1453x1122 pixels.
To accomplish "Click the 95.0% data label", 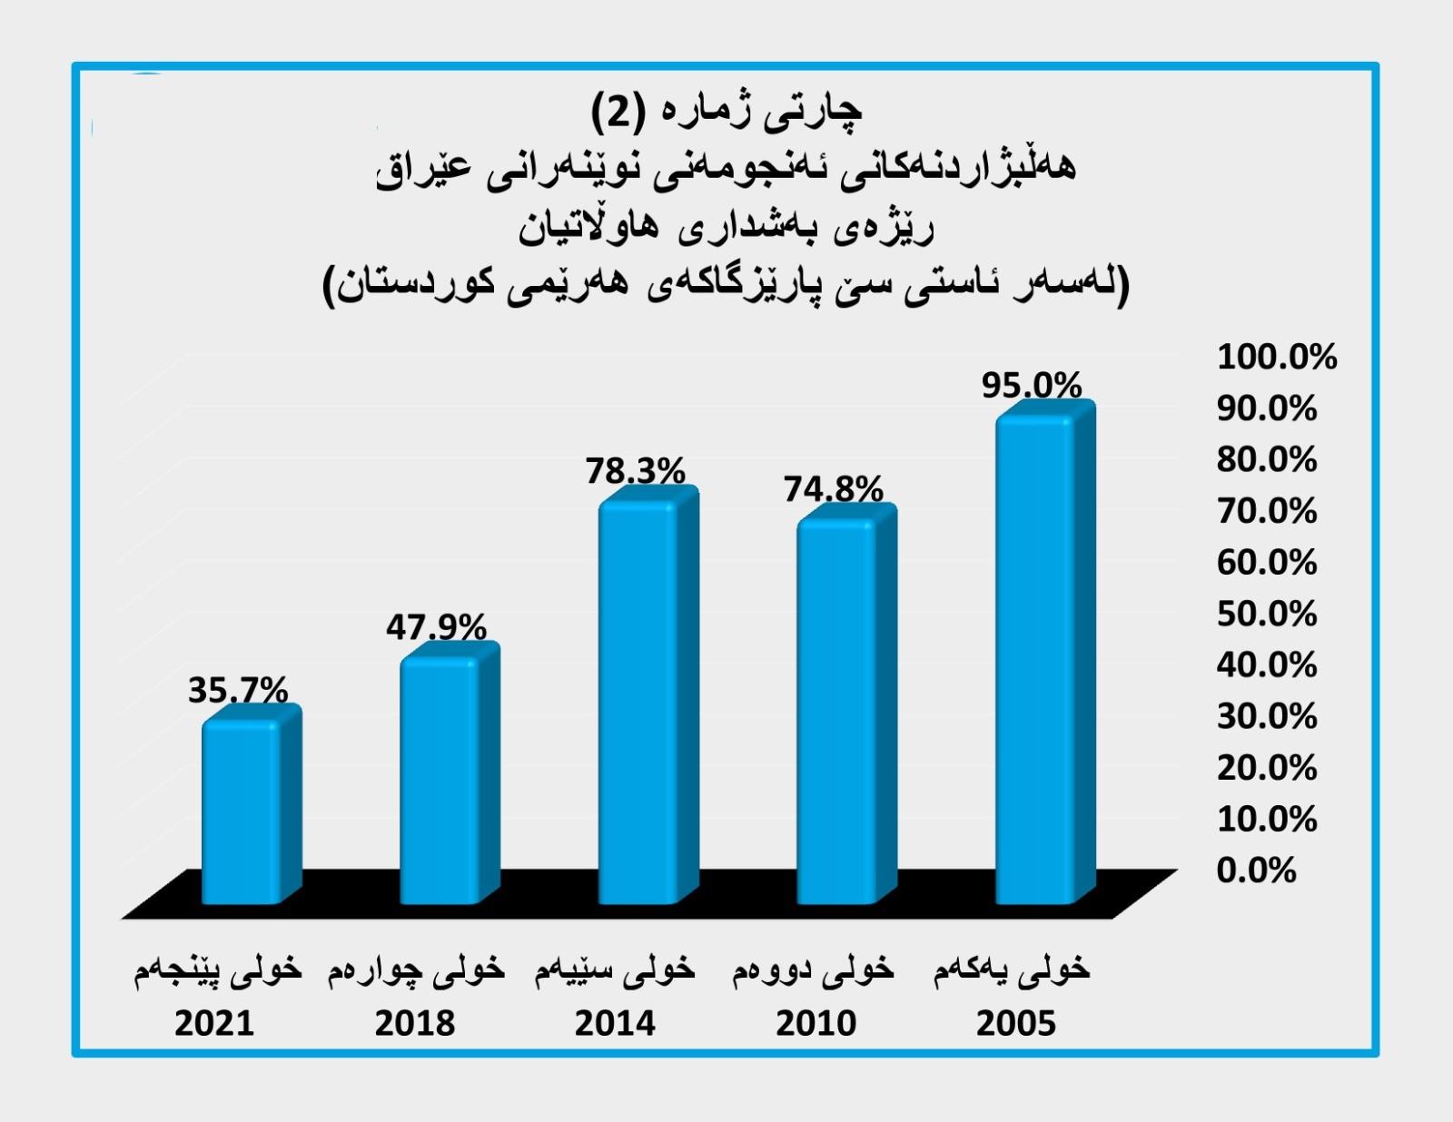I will click(1032, 386).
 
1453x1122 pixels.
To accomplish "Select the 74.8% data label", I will click(833, 490).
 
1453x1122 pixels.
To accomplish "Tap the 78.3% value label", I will click(635, 471).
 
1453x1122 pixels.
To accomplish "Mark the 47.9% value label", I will click(436, 627).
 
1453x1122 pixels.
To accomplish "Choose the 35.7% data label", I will click(238, 691).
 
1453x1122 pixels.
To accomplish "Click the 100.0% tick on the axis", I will click(1277, 357).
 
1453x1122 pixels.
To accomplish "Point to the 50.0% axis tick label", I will click(1267, 614).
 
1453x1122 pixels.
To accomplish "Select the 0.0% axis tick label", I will click(1256, 871).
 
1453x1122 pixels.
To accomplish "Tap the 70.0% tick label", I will click(1267, 511).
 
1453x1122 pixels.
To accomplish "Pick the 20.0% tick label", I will click(1267, 768).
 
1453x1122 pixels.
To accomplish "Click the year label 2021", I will click(214, 1023).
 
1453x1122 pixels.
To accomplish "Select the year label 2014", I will click(615, 1023).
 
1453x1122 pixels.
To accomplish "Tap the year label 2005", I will click(1016, 1023).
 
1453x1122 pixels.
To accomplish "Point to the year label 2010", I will click(815, 1023).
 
